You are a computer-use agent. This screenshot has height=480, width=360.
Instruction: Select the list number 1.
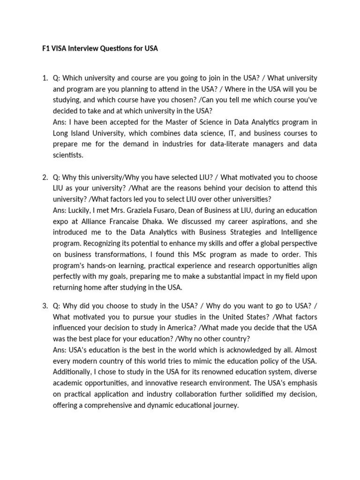tap(45, 78)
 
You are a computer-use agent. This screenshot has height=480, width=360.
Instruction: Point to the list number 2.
tap(45, 178)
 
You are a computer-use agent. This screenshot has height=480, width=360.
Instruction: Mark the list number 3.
tap(45, 306)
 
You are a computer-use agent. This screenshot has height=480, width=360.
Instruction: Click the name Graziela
tap(133, 210)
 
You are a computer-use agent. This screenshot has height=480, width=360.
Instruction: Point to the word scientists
tap(68, 154)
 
